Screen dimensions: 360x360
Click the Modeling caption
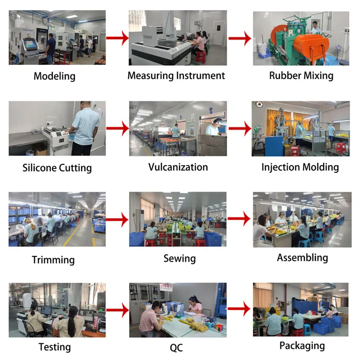pos(54,76)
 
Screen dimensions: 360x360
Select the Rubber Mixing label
pos(301,75)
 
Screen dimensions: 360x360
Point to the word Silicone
pos(40,168)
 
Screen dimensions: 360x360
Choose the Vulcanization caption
pos(178,167)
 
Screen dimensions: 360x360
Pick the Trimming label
pos(53,260)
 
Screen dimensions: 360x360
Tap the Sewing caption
pos(180,258)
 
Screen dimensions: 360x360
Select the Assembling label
pos(302,257)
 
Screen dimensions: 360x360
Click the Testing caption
pos(54,347)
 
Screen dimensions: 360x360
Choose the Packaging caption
pos(302,346)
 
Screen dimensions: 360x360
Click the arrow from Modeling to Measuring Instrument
pos(117,38)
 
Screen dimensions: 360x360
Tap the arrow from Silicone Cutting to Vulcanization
pos(117,128)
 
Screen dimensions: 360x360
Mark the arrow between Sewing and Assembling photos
pos(239,219)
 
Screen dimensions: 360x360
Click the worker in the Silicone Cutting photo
pos(84,127)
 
